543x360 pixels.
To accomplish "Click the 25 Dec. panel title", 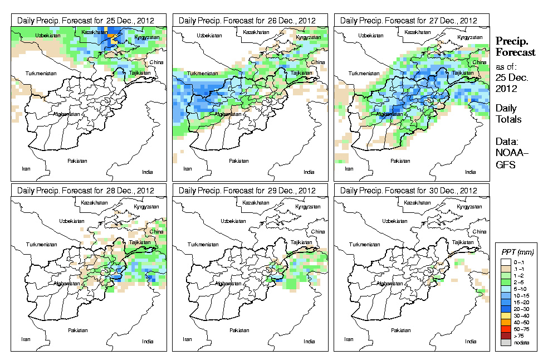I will (90, 20).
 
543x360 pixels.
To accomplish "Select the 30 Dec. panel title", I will (412, 191).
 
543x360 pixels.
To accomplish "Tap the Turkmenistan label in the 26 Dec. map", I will (202, 74).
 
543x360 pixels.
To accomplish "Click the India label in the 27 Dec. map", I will (471, 172).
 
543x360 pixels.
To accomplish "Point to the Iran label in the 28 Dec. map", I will (26, 338).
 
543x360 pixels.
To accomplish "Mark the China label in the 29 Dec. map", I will (318, 231).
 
